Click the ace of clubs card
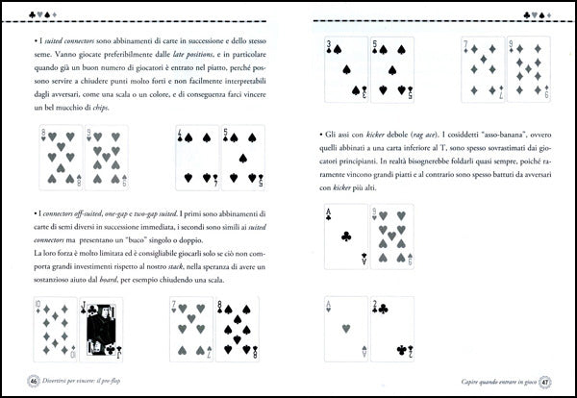tap(345, 236)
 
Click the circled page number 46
tap(32, 381)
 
